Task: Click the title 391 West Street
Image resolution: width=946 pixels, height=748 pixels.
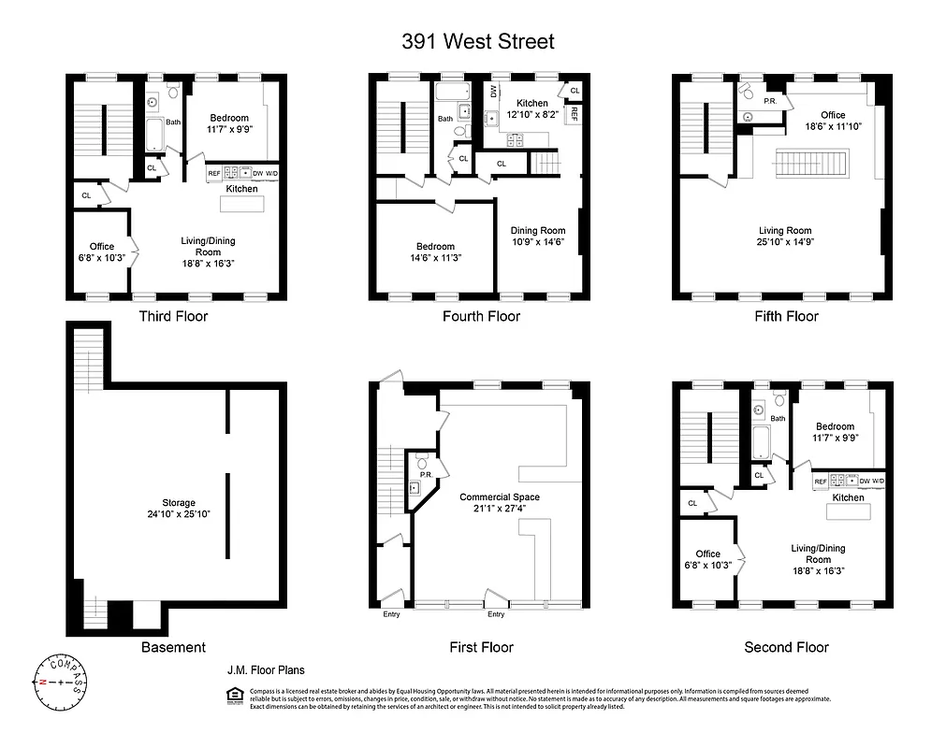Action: [478, 41]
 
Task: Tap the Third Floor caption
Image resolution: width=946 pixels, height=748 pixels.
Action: [173, 316]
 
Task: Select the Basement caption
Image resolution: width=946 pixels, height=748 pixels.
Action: [173, 647]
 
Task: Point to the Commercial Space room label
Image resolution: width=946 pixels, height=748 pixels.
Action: [500, 503]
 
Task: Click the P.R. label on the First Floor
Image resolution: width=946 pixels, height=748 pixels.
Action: [426, 475]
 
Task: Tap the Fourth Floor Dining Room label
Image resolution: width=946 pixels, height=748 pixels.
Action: [538, 237]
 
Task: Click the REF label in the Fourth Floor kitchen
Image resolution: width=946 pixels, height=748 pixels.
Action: [574, 114]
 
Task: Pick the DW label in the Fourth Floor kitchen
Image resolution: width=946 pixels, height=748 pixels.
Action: [493, 91]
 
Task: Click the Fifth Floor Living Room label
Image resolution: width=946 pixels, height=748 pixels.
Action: [784, 237]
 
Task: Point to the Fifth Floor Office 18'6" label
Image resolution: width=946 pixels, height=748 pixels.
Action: [833, 121]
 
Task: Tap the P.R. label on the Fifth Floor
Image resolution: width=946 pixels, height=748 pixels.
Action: [771, 100]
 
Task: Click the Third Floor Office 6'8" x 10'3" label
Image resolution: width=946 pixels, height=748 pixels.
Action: [102, 252]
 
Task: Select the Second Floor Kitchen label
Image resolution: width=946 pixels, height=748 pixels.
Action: [848, 497]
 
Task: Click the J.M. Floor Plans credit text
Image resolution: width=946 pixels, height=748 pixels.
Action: [266, 670]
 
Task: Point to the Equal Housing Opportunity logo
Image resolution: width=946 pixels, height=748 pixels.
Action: [235, 695]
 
